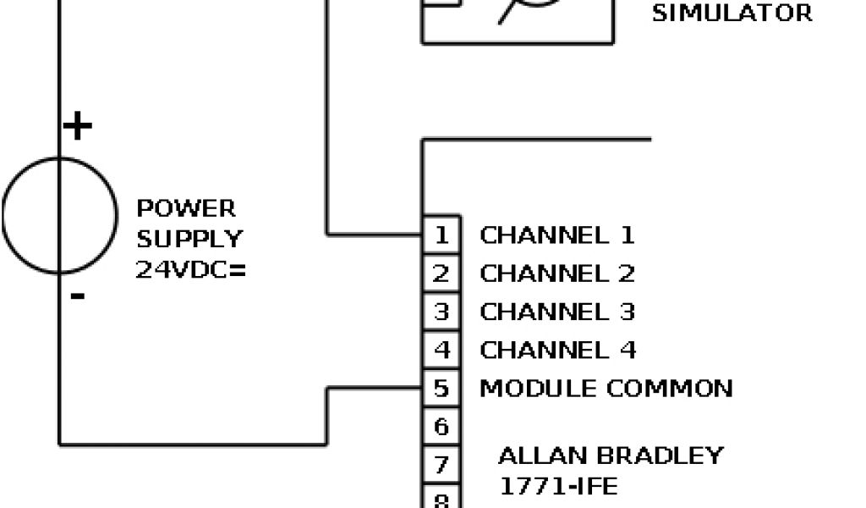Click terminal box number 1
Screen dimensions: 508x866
click(x=441, y=235)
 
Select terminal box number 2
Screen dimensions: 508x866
click(x=441, y=273)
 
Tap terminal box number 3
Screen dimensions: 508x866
click(x=441, y=312)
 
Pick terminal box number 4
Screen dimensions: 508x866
click(x=441, y=350)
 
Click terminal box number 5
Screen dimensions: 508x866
click(x=441, y=389)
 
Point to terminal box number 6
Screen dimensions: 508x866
click(x=441, y=427)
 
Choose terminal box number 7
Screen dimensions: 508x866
click(x=441, y=465)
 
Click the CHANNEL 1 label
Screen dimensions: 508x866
click(x=556, y=235)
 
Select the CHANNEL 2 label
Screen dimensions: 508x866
click(x=556, y=273)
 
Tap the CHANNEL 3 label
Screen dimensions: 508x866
click(x=556, y=312)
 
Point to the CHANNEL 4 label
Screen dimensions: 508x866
click(x=557, y=350)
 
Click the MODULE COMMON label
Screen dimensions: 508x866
click(x=606, y=389)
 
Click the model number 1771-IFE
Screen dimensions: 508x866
click(x=557, y=486)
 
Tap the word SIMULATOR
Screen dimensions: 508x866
click(x=732, y=14)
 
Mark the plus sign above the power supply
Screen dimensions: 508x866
click(x=77, y=127)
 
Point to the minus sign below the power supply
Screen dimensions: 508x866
click(x=77, y=295)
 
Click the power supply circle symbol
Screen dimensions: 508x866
click(x=59, y=215)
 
